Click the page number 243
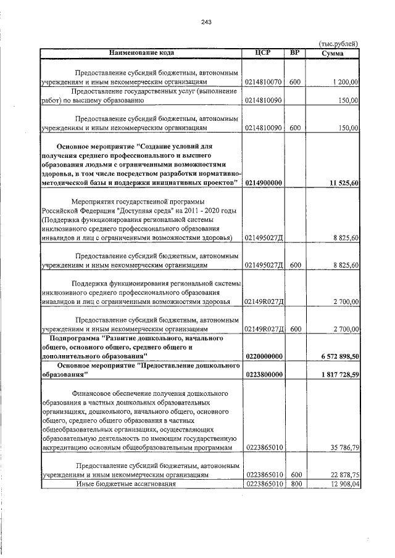click(x=206, y=23)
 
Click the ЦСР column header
click(x=264, y=52)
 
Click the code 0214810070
click(x=264, y=81)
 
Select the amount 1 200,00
click(x=345, y=81)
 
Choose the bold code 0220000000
click(x=264, y=356)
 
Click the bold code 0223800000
click(x=264, y=374)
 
